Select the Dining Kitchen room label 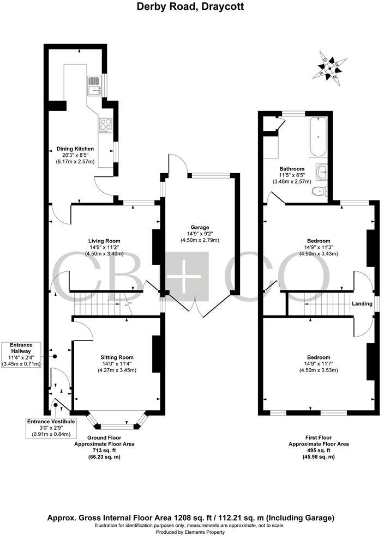tap(75, 149)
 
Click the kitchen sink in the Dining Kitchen tap(93, 84)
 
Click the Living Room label tap(104, 241)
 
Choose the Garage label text tap(200, 228)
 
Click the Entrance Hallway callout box tap(21, 354)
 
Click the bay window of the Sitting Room tap(118, 420)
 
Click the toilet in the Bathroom tap(319, 191)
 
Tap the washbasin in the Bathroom tap(323, 172)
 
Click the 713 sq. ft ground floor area tap(105, 450)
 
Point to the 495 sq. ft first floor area tap(319, 450)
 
